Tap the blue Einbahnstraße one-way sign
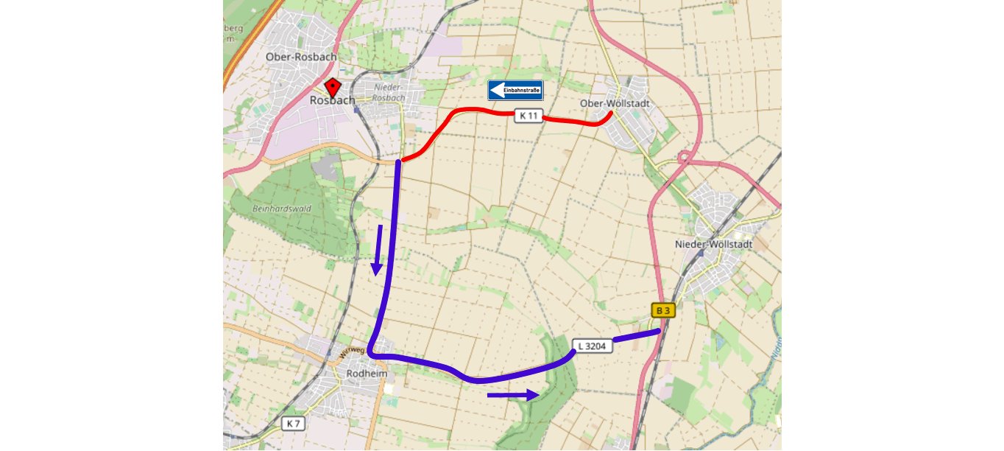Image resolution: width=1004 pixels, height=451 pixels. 515,91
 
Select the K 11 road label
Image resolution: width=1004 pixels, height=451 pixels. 528,116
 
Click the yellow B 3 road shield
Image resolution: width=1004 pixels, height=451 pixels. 662,310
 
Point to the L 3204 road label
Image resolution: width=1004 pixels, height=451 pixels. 592,345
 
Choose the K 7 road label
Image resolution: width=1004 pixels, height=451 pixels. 293,423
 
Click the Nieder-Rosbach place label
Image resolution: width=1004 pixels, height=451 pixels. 389,92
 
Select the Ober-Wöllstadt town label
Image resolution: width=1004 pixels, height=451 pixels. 615,103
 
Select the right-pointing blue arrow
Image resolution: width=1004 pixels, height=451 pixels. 513,396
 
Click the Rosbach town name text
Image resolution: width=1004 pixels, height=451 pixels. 333,100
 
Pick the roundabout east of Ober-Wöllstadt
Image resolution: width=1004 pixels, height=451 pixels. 684,158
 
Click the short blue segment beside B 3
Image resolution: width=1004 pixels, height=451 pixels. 636,335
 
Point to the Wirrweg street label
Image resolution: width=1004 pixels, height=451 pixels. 352,351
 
